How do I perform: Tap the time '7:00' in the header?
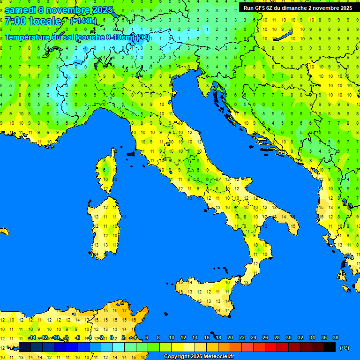[15, 21]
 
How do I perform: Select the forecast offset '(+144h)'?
[83, 21]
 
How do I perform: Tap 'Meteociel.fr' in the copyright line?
[216, 357]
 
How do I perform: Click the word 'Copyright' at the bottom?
[178, 357]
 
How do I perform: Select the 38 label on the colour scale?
[335, 337]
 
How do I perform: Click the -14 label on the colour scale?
[32, 337]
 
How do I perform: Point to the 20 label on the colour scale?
[230, 337]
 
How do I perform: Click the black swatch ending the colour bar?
[330, 347]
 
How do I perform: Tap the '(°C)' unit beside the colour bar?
[344, 348]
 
